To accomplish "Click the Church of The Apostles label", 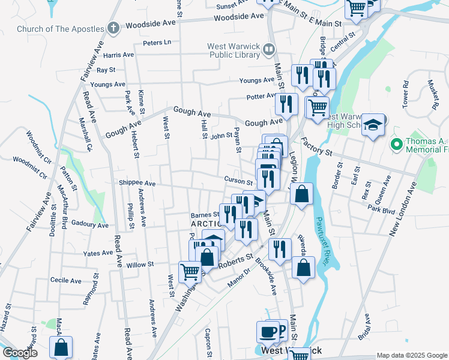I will pos(60,28).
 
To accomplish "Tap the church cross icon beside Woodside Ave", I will pos(113,28).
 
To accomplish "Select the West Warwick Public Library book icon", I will pos(270,50).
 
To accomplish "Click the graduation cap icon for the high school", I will pos(373,124).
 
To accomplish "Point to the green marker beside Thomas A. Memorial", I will pos(396,144).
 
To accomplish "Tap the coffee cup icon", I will pos(268,331).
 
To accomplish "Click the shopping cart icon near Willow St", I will pos(190,271).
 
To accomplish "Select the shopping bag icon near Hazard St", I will pos(61,347).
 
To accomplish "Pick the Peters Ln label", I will pos(157,43).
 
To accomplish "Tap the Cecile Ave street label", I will pos(66,280).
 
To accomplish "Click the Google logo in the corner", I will pos(20,353).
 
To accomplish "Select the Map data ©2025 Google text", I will pos(411,355).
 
